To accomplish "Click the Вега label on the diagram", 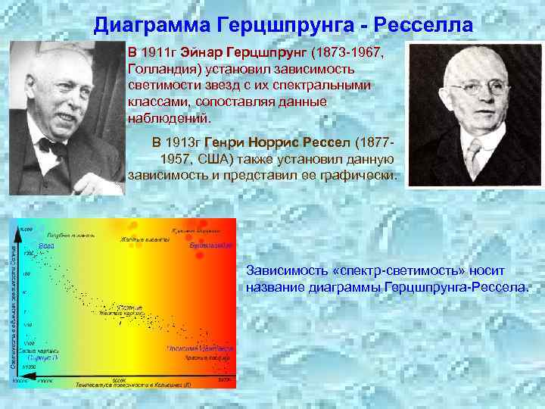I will click(46, 245).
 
